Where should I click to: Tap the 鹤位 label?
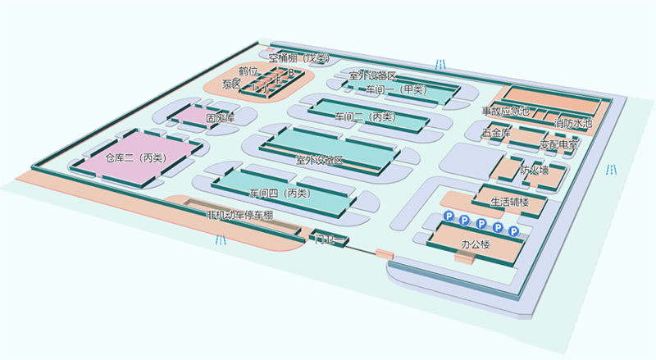click(248, 71)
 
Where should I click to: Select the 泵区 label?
click(230, 84)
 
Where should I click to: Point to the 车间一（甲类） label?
click(395, 89)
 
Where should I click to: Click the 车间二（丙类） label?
click(364, 117)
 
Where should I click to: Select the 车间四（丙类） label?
click(280, 194)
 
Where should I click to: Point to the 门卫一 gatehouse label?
click(326, 239)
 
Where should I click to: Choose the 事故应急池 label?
click(505, 110)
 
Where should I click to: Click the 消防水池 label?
click(573, 123)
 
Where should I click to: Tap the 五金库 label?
click(496, 131)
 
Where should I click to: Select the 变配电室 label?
click(558, 144)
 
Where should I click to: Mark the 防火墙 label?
click(534, 171)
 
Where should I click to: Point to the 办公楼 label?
click(476, 244)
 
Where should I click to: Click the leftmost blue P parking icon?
click(449, 215)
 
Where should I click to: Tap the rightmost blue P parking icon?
click(514, 233)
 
